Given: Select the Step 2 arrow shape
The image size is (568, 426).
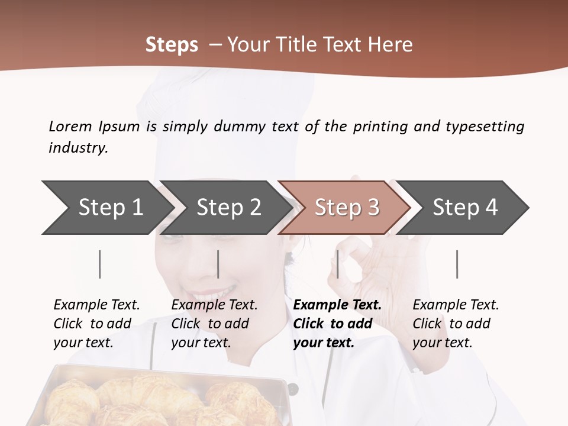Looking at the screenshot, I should [x=228, y=208].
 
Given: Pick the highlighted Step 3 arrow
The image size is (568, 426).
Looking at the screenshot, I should [x=347, y=208].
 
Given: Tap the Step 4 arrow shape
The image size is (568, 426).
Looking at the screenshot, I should [x=465, y=208].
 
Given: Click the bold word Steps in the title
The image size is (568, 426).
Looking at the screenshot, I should [x=172, y=44].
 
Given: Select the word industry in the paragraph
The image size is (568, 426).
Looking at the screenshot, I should [x=78, y=147].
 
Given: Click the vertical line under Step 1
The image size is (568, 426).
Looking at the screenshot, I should [x=100, y=264].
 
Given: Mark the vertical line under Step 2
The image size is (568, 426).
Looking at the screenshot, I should [x=218, y=264].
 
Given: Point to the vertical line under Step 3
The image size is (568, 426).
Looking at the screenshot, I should [x=338, y=264].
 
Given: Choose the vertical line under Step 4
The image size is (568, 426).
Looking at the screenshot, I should [x=457, y=264].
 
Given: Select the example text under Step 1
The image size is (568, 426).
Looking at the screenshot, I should [x=96, y=324].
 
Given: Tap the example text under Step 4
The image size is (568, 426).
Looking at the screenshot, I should [x=456, y=324].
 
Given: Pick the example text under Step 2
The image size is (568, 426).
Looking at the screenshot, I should [x=214, y=324].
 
